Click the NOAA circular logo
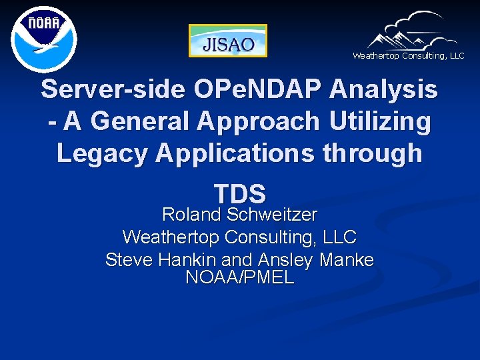tap(44, 38)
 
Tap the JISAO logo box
tap(228, 41)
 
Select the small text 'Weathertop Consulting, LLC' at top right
tap(408, 56)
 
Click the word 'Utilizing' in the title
tap(378, 121)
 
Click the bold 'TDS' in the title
tap(240, 193)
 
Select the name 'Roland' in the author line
tap(191, 215)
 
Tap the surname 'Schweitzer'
tap(272, 215)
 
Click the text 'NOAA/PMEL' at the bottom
tap(240, 277)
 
